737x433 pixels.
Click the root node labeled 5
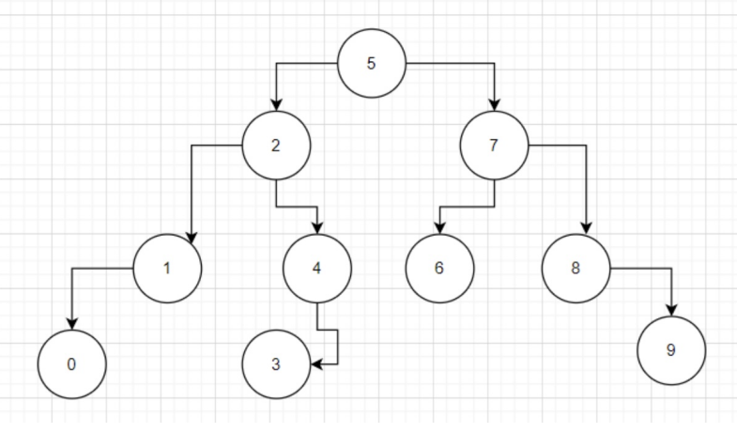pyautogui.click(x=372, y=64)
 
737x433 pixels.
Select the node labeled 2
pyautogui.click(x=276, y=146)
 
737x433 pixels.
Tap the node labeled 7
pyautogui.click(x=495, y=146)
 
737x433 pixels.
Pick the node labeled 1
pyautogui.click(x=167, y=269)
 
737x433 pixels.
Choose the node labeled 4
pyautogui.click(x=317, y=269)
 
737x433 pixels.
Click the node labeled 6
pyautogui.click(x=439, y=269)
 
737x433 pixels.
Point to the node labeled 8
pyautogui.click(x=576, y=269)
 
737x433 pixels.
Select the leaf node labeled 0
pyautogui.click(x=72, y=364)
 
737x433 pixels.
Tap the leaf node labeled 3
pyautogui.click(x=276, y=364)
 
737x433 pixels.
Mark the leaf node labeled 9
pyautogui.click(x=670, y=350)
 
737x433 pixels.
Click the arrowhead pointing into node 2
pyautogui.click(x=276, y=105)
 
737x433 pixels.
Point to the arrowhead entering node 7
pyautogui.click(x=495, y=105)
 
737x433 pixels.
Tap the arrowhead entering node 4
pyautogui.click(x=317, y=228)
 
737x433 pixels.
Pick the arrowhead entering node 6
pyautogui.click(x=439, y=228)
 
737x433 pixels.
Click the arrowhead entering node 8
pyautogui.click(x=587, y=230)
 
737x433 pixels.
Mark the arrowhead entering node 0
pyautogui.click(x=72, y=324)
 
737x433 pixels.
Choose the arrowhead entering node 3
pyautogui.click(x=316, y=364)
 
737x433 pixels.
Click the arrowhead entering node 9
pyautogui.click(x=670, y=311)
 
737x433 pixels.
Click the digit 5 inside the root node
pyautogui.click(x=371, y=64)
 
